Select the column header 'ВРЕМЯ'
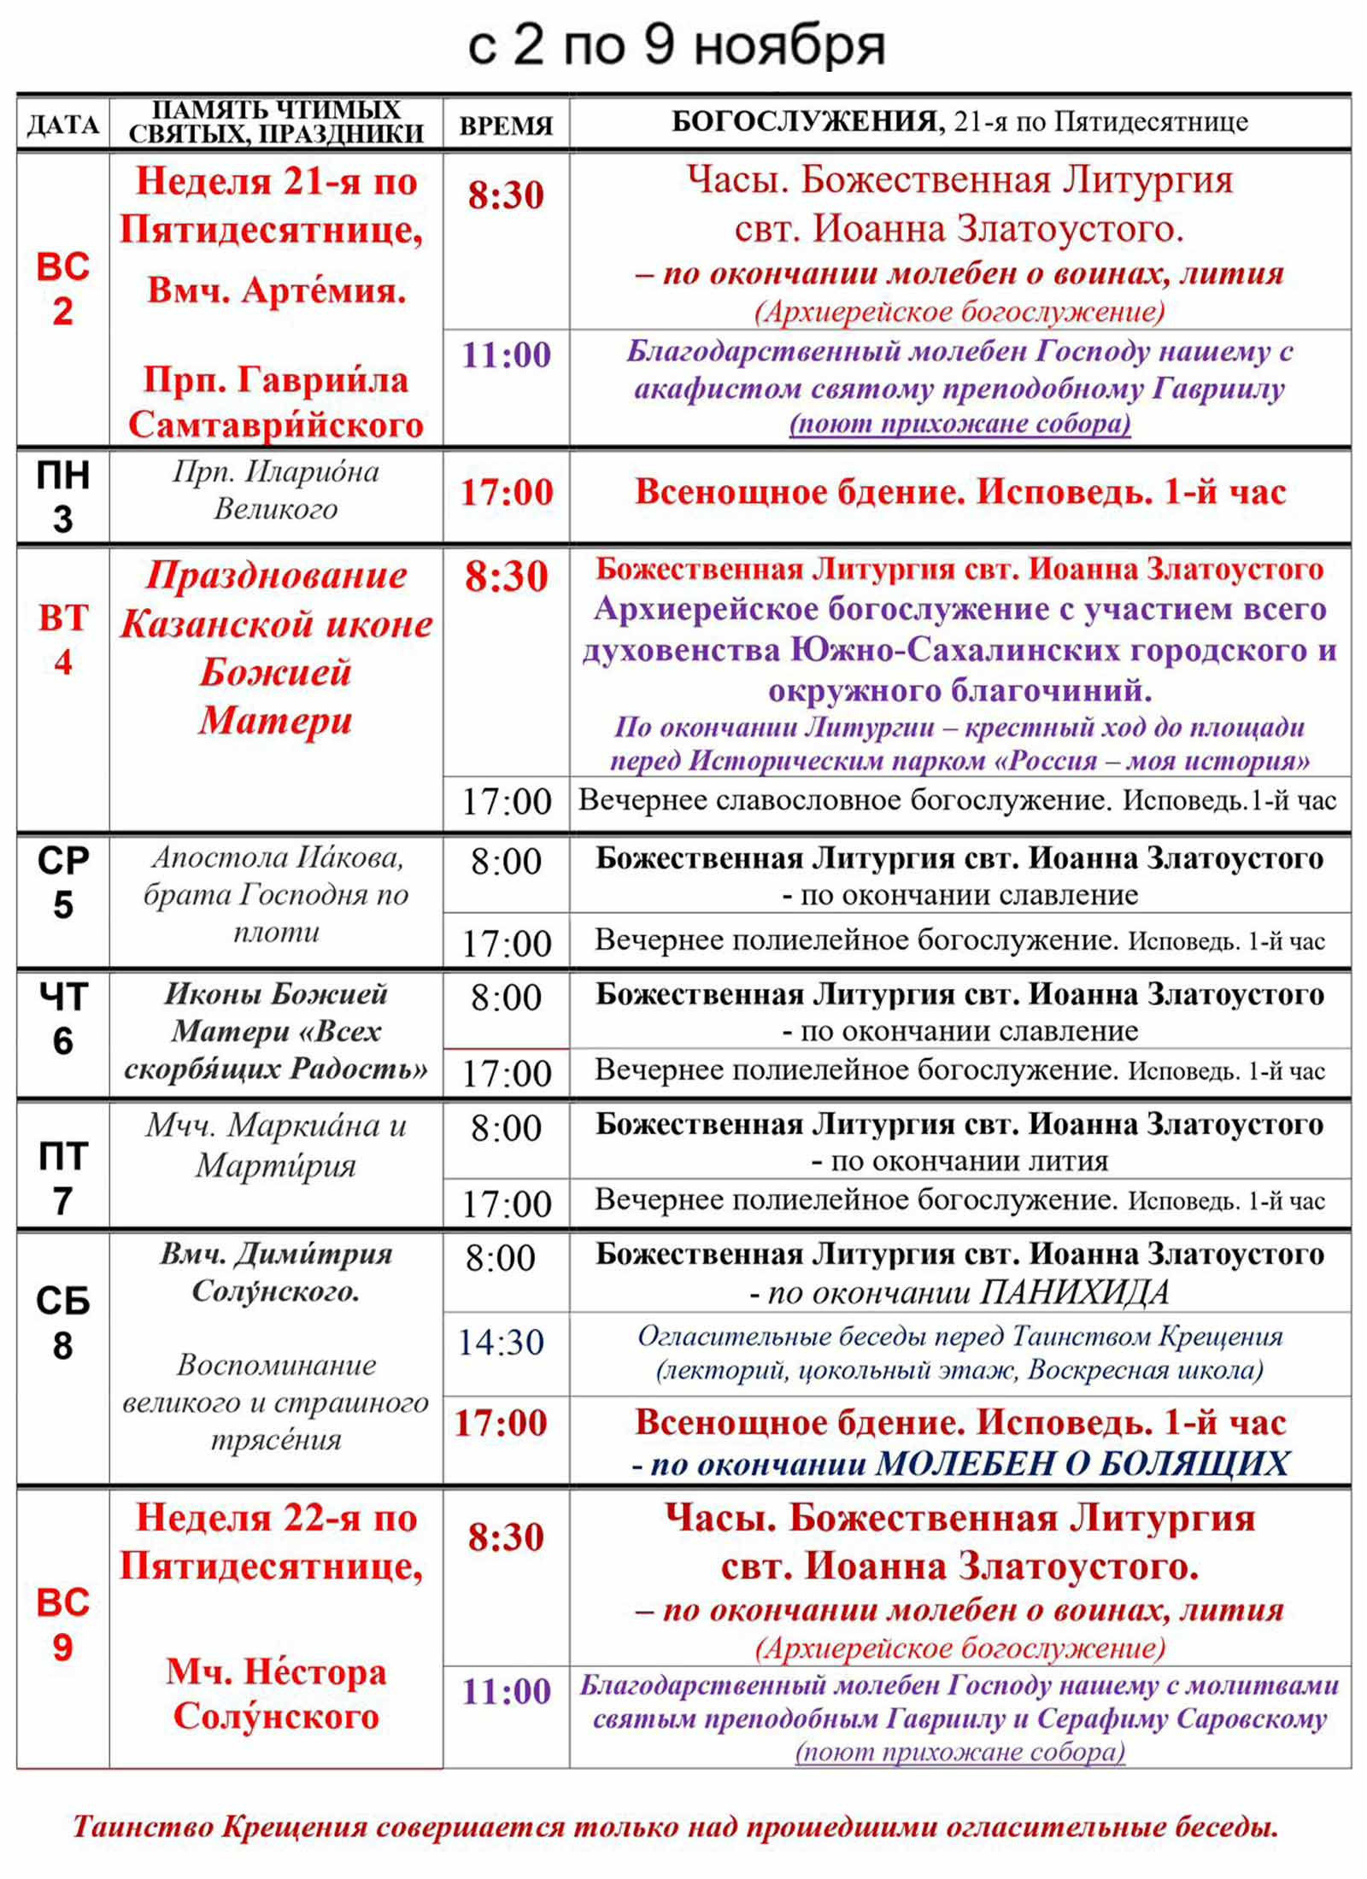(x=506, y=126)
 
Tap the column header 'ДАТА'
(x=63, y=125)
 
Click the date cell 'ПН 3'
(x=62, y=496)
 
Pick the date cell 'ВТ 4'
(x=62, y=640)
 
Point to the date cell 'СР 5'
(x=62, y=882)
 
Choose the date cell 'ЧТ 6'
(x=62, y=1018)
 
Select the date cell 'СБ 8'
(x=62, y=1323)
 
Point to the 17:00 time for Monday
(x=507, y=493)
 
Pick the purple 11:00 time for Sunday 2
(x=507, y=355)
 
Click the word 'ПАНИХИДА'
(x=1075, y=1293)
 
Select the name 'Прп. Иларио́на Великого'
(x=276, y=490)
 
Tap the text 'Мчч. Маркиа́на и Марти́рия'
(x=276, y=1145)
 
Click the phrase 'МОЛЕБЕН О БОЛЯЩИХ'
(x=1082, y=1465)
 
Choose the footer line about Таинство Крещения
(x=676, y=1826)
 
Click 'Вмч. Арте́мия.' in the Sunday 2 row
(x=276, y=290)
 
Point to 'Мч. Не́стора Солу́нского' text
(x=276, y=1693)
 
